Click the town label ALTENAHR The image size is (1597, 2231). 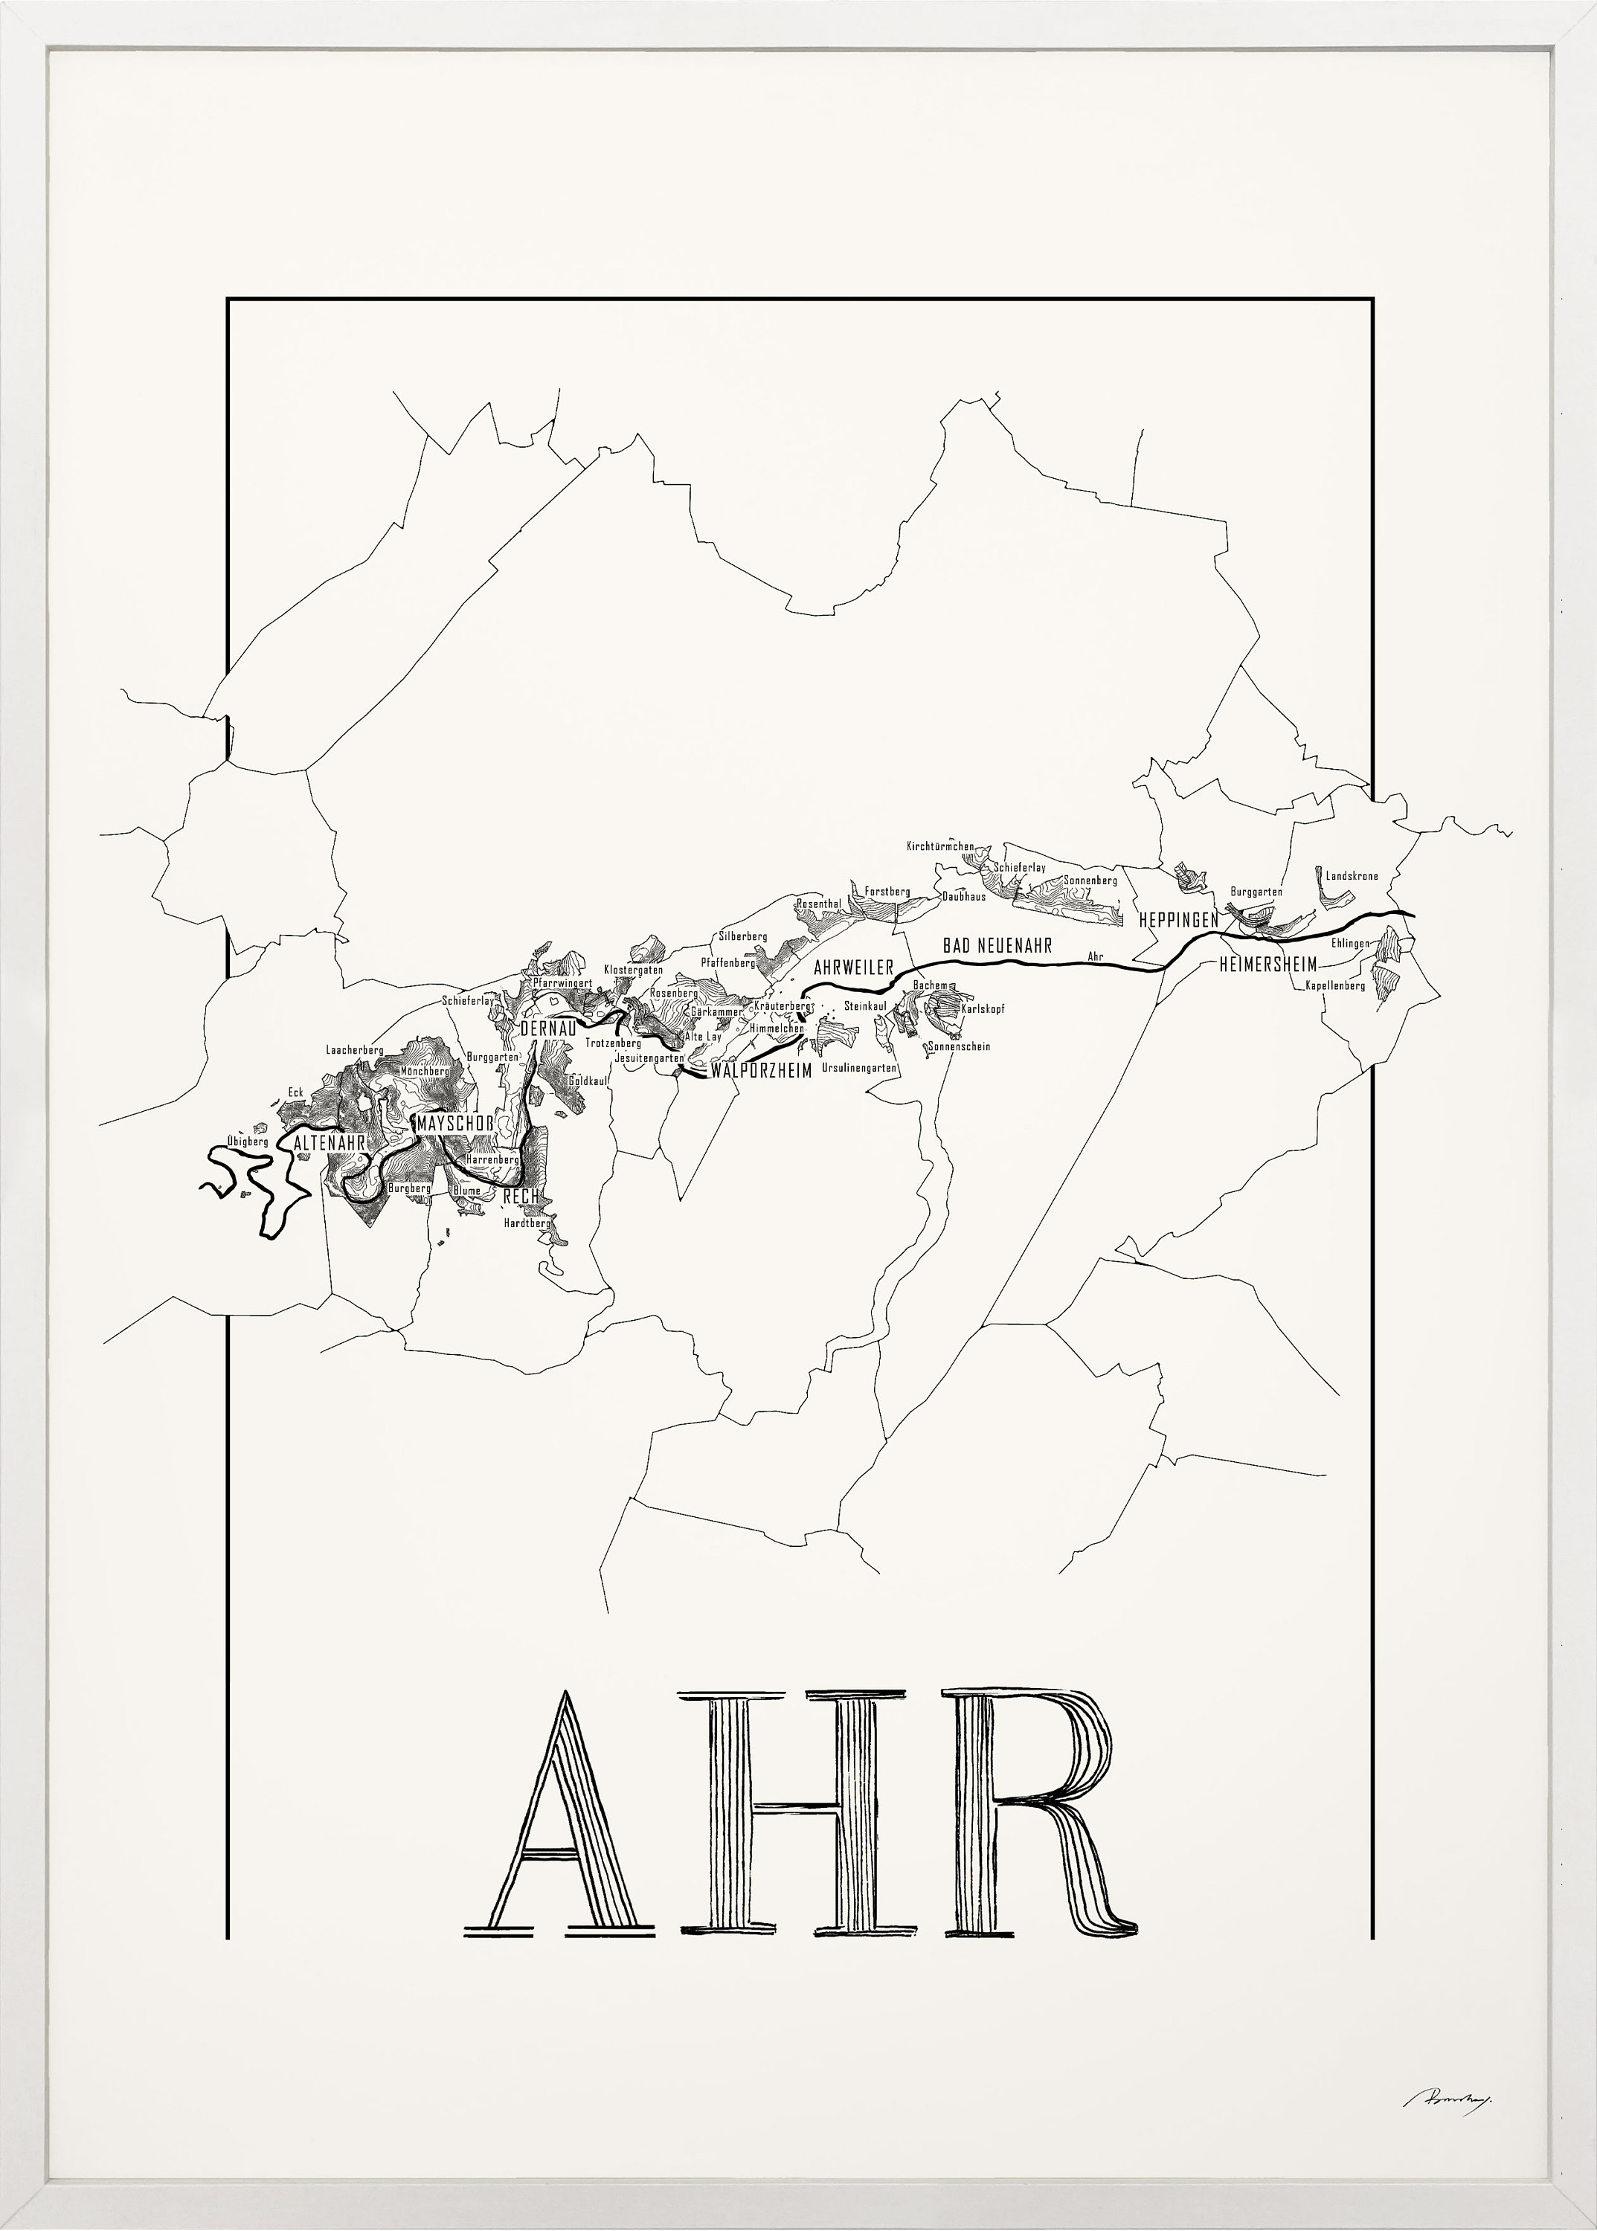(x=330, y=1144)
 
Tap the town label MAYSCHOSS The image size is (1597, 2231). (x=453, y=1123)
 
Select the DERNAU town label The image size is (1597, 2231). (x=547, y=1028)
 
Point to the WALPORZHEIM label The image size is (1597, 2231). (x=761, y=1071)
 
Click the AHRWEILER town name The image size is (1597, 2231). (x=852, y=968)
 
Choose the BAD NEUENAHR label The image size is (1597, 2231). (x=997, y=946)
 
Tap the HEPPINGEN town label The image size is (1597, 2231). (x=1178, y=921)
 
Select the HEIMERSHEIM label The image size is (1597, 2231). (x=1267, y=965)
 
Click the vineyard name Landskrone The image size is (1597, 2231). (x=1351, y=876)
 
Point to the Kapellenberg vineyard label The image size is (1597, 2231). (x=1334, y=985)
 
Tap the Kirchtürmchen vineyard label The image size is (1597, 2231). (x=940, y=846)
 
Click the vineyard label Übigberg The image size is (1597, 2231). (x=247, y=1142)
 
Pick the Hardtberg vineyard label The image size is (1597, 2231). (x=526, y=1224)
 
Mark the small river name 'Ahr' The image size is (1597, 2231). (x=1096, y=956)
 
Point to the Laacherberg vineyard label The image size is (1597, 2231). (x=354, y=1050)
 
